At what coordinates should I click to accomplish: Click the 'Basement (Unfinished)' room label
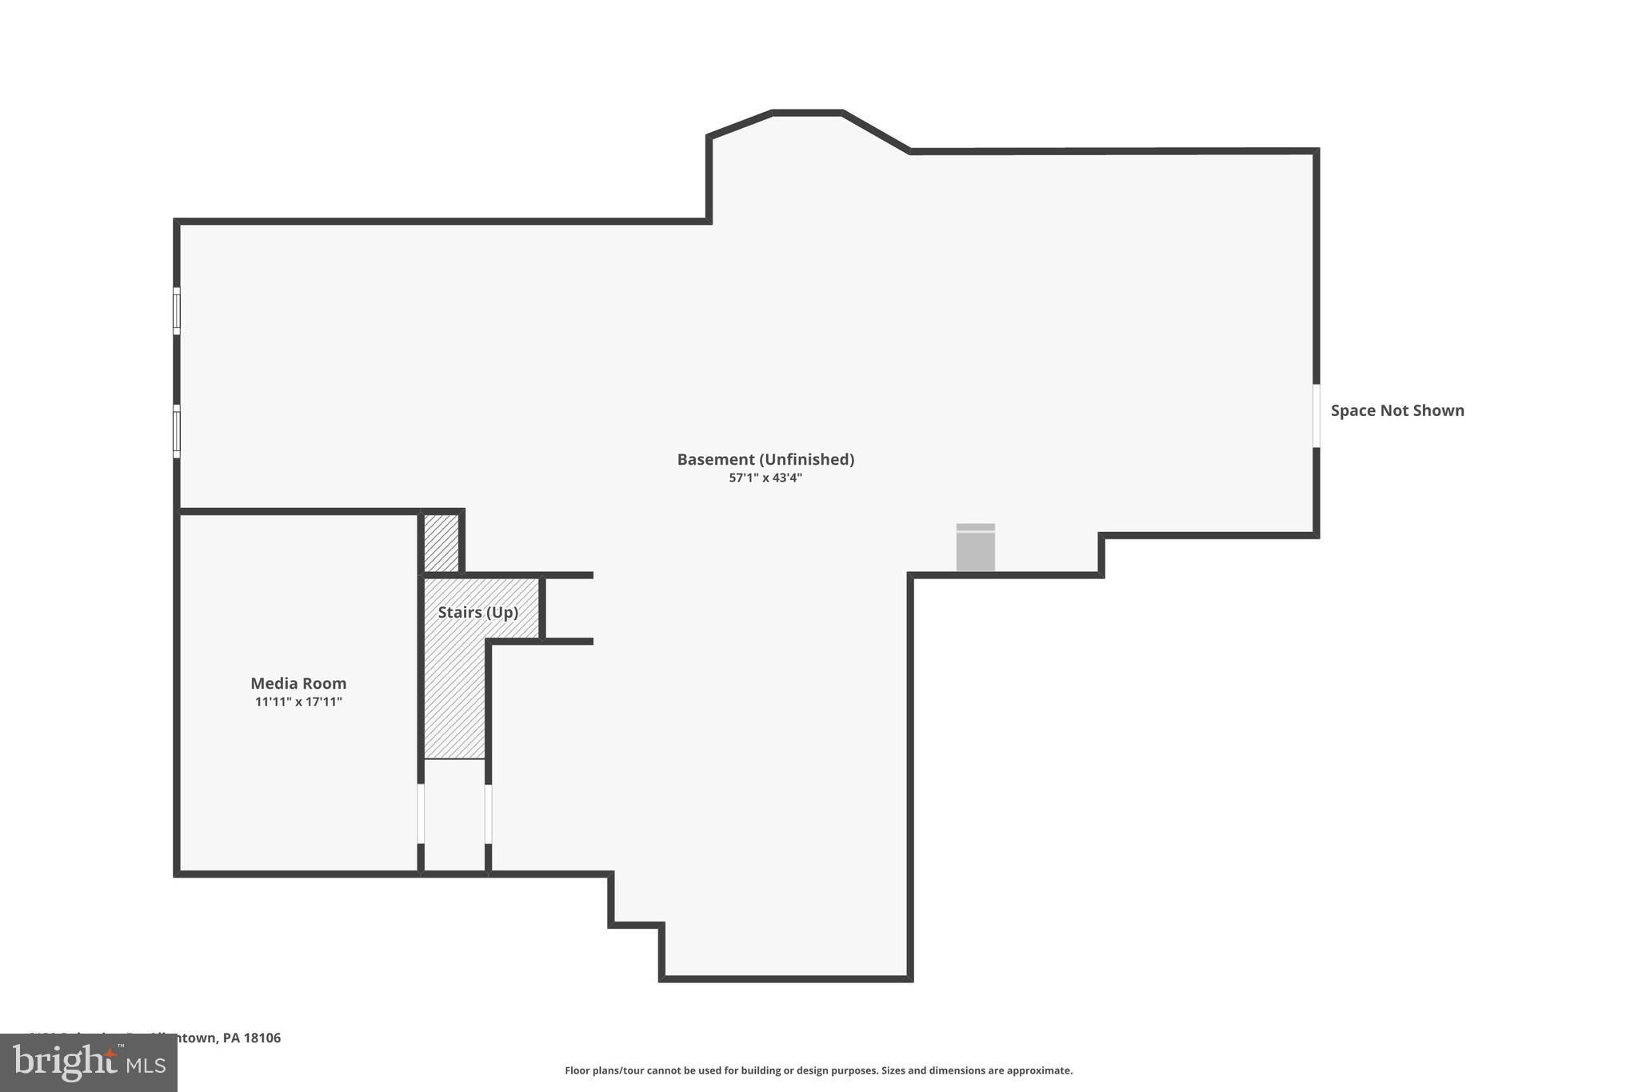765,459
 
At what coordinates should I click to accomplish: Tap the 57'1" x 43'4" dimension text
765,478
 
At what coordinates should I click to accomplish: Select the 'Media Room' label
298,683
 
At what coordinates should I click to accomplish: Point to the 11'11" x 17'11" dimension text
298,702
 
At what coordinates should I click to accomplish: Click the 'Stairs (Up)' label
477,612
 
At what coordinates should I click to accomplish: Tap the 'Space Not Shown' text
1397,410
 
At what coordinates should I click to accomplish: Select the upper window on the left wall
177,311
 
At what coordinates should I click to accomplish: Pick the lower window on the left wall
177,431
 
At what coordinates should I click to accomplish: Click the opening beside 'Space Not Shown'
1316,416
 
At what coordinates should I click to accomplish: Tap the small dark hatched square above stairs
441,543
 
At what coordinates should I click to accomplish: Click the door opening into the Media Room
421,814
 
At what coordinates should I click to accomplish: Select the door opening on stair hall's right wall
488,814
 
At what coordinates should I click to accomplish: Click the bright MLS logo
89,1062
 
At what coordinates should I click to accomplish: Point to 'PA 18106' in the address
252,1038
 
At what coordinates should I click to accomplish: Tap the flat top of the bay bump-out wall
807,113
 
